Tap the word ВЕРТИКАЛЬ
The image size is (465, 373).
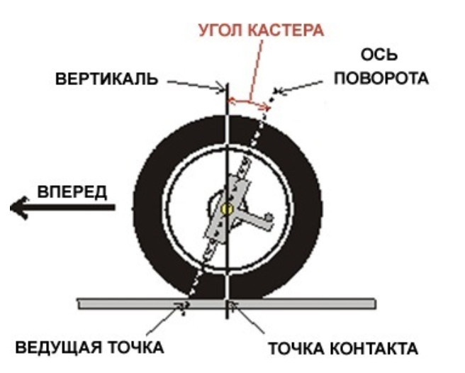click(107, 78)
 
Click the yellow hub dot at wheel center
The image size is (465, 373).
click(227, 208)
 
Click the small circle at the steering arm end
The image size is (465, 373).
click(267, 218)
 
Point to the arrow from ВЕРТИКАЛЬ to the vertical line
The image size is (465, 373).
click(195, 84)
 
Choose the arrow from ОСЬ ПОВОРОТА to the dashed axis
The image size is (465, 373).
click(298, 87)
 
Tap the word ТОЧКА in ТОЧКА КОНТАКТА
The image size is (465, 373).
click(297, 349)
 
